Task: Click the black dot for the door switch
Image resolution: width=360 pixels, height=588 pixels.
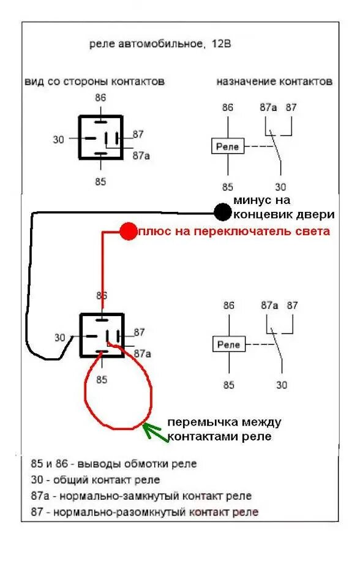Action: click(222, 212)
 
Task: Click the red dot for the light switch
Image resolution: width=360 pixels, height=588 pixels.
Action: click(129, 231)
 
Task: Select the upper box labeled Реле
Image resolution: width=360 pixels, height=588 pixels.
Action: click(228, 146)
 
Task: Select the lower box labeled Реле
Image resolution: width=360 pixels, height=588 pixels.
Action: click(229, 344)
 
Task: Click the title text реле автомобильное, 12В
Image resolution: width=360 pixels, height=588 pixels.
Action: click(160, 44)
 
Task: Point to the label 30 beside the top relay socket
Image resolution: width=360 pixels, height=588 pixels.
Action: click(59, 140)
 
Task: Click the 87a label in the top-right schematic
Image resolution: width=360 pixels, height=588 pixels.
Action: click(268, 107)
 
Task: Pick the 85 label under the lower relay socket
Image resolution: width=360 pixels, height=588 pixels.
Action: click(102, 380)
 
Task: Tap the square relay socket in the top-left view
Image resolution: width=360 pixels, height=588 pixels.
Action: click(100, 138)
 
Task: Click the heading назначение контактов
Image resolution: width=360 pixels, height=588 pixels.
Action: click(274, 81)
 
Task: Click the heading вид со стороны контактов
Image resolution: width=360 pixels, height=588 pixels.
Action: click(95, 81)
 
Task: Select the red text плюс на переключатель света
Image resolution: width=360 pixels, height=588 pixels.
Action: click(234, 232)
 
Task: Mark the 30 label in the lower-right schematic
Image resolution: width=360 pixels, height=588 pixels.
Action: click(281, 385)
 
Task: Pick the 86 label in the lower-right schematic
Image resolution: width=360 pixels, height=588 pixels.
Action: click(229, 305)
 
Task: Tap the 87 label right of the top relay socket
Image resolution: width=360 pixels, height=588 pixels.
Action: click(138, 134)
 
